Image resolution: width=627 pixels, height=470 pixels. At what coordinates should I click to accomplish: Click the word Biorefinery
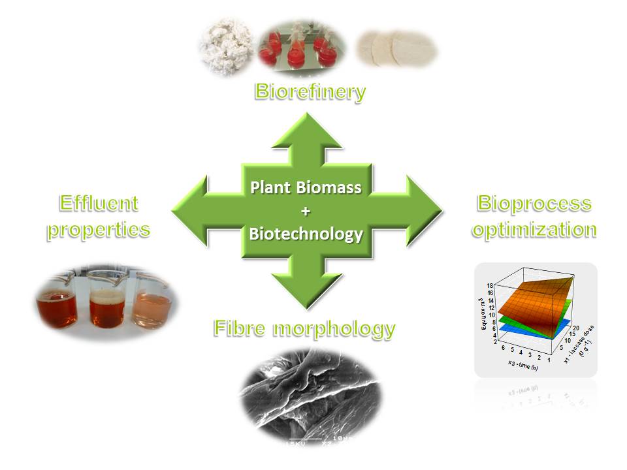tap(310, 91)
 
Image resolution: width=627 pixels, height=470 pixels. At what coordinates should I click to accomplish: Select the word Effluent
tap(99, 204)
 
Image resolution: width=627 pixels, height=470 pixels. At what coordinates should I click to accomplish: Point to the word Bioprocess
tap(534, 203)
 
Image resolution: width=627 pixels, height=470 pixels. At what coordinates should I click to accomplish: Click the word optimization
tap(535, 230)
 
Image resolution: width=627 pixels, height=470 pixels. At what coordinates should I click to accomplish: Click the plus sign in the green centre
tap(306, 211)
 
